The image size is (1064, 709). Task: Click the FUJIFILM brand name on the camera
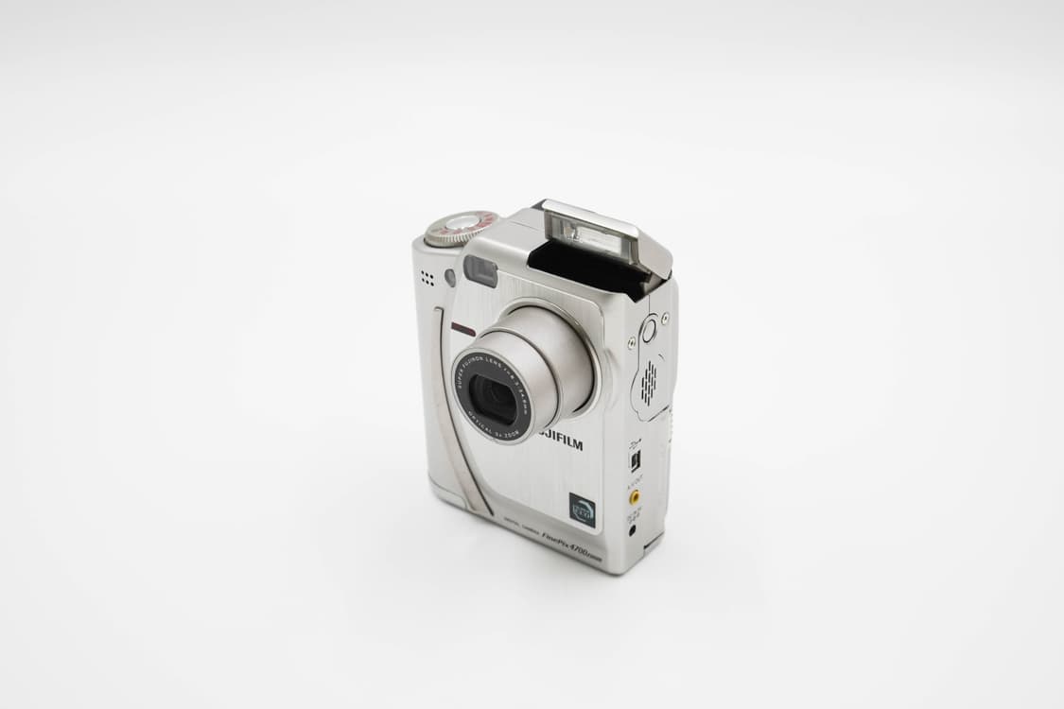(563, 443)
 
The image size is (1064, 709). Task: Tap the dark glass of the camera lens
(491, 398)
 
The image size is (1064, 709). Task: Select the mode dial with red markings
(460, 228)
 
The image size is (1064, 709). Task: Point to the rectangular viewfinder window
(480, 271)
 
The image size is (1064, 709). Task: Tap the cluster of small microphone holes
(427, 278)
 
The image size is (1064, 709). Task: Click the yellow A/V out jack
(634, 494)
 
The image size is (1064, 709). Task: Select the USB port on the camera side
(636, 460)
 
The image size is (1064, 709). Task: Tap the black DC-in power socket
(633, 530)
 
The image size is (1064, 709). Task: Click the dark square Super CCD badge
(582, 510)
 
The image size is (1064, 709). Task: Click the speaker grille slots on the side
(649, 382)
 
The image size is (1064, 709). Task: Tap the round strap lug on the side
(649, 330)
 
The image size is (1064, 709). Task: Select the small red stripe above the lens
(463, 329)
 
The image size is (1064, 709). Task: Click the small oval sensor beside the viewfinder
(450, 277)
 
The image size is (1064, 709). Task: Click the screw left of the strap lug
(631, 343)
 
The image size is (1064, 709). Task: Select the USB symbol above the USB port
(634, 444)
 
